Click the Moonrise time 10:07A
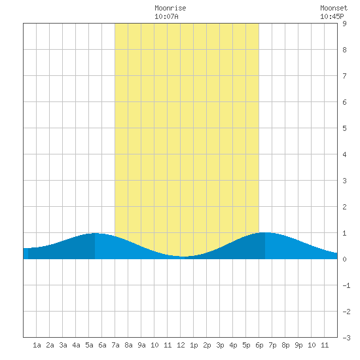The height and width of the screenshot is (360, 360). (x=166, y=16)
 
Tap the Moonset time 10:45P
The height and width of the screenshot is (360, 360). (x=332, y=16)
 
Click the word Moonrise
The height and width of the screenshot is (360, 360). (x=170, y=8)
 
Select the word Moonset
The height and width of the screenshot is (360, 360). (x=334, y=8)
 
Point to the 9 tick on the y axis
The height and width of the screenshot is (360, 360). (x=344, y=24)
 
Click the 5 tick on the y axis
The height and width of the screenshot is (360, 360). (x=344, y=128)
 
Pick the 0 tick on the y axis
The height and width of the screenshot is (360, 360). (x=344, y=259)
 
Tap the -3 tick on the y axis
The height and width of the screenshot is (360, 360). (x=346, y=338)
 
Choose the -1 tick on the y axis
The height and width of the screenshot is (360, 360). (x=346, y=285)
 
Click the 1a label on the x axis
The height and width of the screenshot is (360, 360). (x=37, y=345)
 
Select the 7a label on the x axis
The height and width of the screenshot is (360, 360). (x=115, y=345)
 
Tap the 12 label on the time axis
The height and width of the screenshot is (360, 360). (x=181, y=345)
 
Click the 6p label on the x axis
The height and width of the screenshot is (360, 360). (x=259, y=345)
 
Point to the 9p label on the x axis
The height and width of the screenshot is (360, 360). (x=298, y=345)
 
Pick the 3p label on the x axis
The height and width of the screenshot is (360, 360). (x=220, y=345)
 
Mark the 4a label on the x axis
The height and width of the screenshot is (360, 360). (x=76, y=345)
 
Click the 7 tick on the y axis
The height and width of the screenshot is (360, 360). (x=344, y=76)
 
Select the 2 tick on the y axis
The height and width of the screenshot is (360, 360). (x=344, y=207)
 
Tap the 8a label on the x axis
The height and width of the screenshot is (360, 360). (x=128, y=345)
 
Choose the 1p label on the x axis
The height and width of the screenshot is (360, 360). (x=194, y=345)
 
